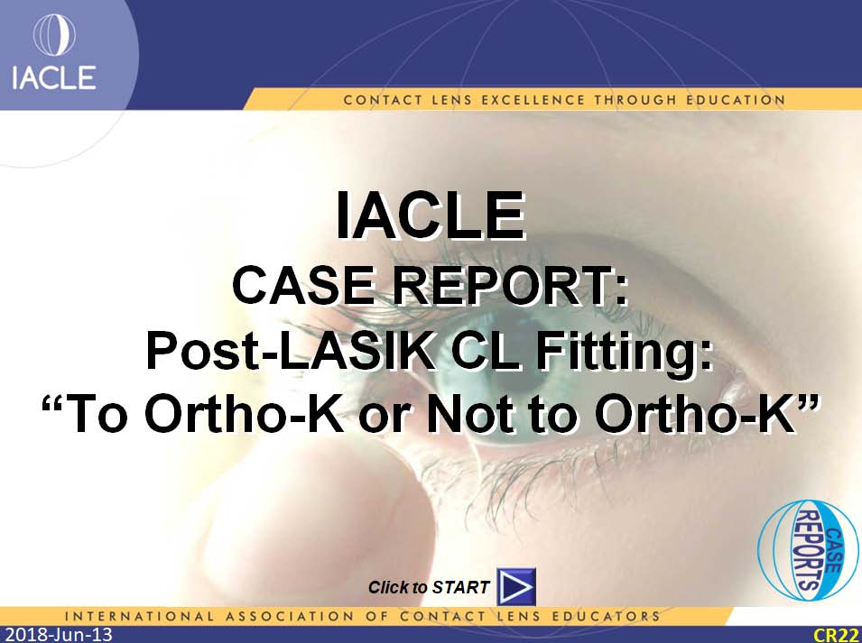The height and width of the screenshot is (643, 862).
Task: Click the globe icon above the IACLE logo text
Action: point(54,35)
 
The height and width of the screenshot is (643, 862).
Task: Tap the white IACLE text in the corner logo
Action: point(54,78)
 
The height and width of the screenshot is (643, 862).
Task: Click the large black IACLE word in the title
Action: point(431,215)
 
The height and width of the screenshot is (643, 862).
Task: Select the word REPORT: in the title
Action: point(510,286)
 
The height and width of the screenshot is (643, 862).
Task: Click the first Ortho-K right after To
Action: point(246,414)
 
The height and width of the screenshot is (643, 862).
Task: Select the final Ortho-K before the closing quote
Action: point(695,414)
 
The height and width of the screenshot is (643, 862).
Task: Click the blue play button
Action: point(516,587)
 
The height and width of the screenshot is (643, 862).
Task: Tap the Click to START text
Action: point(429,588)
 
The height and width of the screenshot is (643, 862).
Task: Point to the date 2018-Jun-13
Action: point(57,635)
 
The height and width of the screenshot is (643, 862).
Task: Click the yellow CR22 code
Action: point(837,635)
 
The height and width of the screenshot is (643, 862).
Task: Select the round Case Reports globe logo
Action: point(808,549)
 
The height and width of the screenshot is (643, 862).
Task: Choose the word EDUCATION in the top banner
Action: point(736,100)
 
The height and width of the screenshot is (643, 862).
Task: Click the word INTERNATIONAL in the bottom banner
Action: point(139,616)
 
